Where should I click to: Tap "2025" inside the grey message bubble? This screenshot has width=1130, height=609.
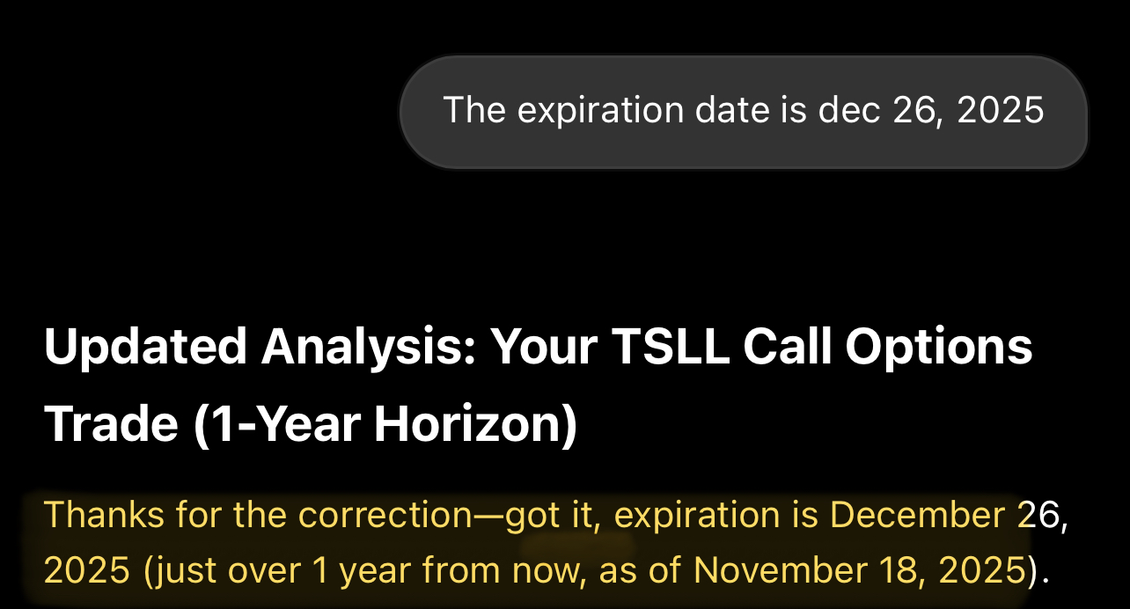coord(1000,109)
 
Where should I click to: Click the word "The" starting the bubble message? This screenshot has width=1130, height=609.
coord(474,109)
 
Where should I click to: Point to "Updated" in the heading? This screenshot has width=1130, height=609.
coord(145,347)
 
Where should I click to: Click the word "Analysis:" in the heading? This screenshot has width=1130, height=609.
coord(369,347)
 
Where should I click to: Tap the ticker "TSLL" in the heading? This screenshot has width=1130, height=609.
coord(671,346)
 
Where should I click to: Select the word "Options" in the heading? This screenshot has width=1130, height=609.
coord(939,347)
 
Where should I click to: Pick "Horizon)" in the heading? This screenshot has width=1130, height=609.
coord(475,424)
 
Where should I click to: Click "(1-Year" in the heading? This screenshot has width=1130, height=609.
coord(277,424)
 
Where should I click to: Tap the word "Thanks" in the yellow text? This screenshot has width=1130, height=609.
coord(104,515)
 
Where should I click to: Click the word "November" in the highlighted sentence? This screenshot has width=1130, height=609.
coord(780,570)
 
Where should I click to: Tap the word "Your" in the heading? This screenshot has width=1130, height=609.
coord(544,346)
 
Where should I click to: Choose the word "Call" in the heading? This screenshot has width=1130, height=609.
coord(787,346)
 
